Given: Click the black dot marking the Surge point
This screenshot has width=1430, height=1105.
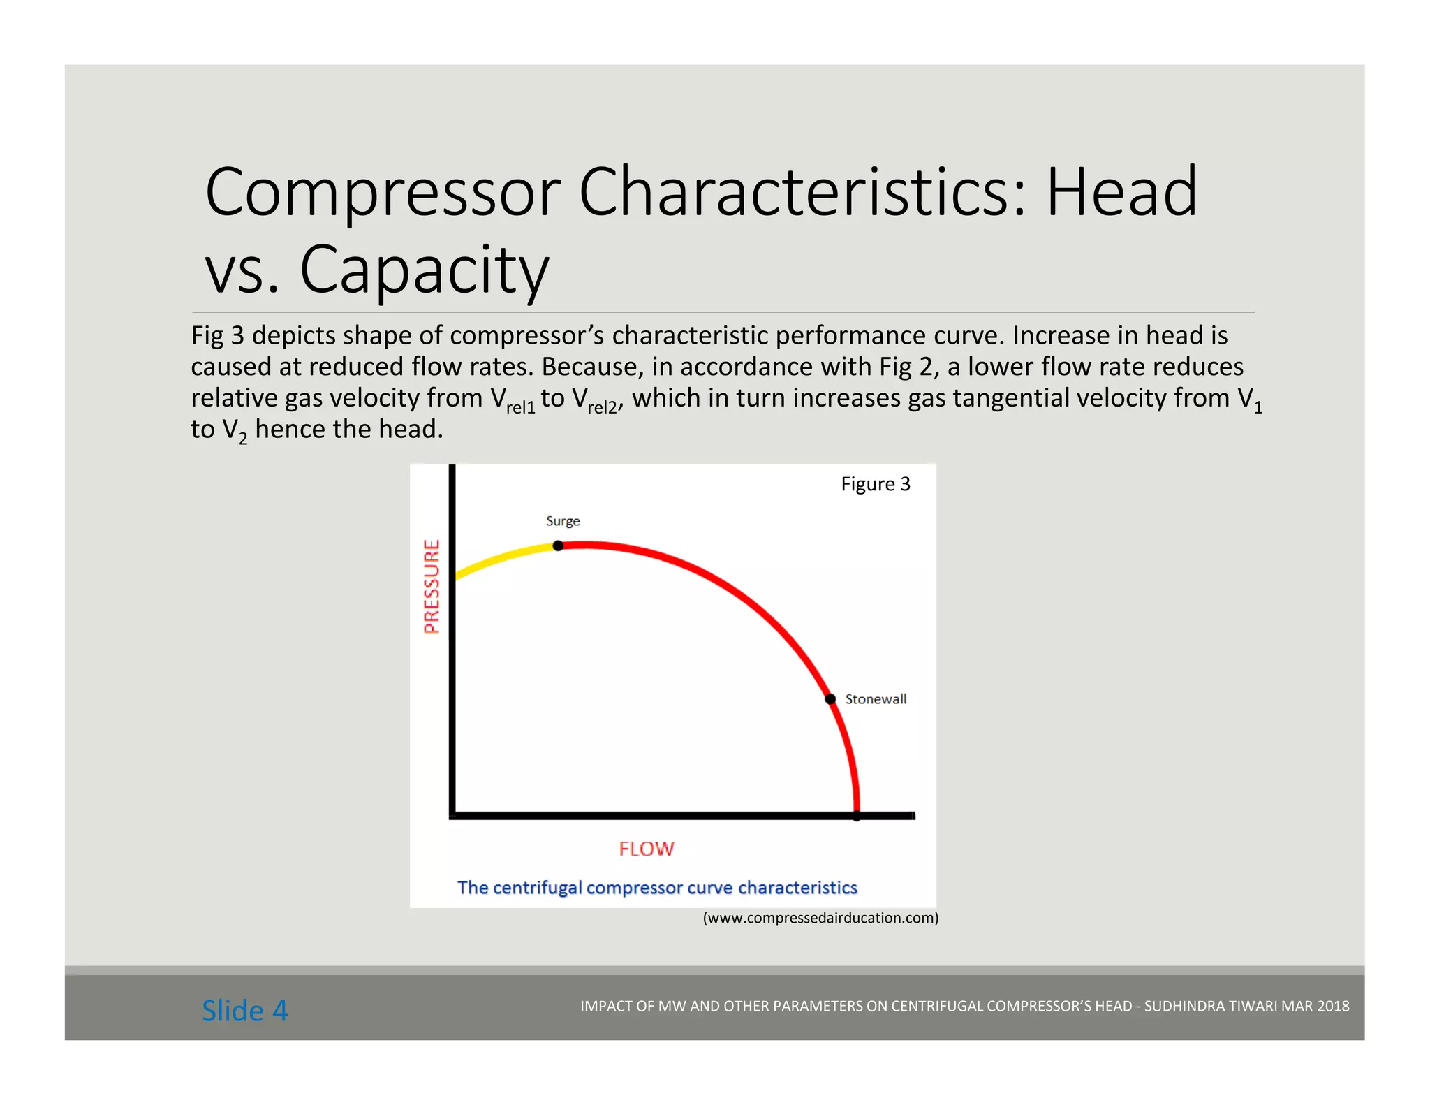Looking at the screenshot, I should point(558,546).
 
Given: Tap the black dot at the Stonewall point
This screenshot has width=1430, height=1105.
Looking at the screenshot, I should point(830,699).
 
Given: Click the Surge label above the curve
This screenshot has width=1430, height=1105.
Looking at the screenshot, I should point(563,521).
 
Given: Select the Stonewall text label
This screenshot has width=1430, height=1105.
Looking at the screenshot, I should point(876,699).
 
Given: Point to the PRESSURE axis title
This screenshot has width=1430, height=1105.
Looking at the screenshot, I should point(432,586).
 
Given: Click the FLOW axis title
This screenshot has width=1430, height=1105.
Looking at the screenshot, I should point(647,849).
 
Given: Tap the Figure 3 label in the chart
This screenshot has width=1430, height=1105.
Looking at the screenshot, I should point(876,484).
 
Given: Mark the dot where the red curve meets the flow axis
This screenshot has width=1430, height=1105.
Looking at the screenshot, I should point(857,816).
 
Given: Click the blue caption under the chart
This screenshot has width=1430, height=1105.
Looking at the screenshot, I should point(657,888).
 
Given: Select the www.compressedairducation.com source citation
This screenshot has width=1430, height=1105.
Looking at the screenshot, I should point(820,918).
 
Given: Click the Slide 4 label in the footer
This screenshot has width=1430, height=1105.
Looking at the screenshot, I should point(244,1011).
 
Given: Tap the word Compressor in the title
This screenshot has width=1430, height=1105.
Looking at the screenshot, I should point(383,193).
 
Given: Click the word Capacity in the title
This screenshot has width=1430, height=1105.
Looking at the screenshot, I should point(425,270).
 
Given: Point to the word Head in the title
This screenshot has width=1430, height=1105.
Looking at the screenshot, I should point(1121,193).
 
